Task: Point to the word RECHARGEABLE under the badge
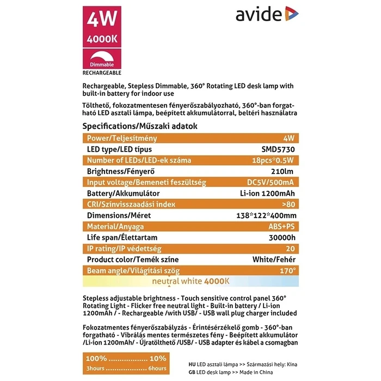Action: click(102, 72)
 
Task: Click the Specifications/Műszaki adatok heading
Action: click(139, 126)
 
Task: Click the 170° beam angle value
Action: click(288, 271)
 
